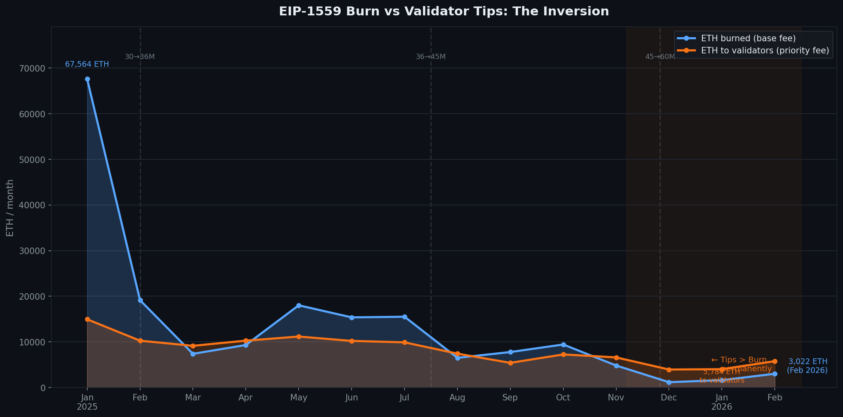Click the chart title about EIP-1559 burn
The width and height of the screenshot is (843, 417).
point(444,11)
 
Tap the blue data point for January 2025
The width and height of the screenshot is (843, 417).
point(87,79)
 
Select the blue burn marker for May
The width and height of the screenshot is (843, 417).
point(299,305)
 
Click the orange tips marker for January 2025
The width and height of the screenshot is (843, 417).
point(87,319)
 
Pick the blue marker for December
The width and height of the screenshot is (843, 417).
point(669,382)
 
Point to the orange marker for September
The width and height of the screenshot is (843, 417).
point(510,363)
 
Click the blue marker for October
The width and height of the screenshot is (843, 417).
point(563,345)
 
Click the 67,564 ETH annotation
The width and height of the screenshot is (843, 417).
point(87,64)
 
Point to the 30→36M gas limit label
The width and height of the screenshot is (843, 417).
point(139,57)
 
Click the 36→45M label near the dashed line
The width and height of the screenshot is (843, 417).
point(430,57)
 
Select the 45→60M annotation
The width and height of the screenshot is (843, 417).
point(660,57)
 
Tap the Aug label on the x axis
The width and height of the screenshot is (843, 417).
point(457,398)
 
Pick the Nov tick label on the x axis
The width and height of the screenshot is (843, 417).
point(616,398)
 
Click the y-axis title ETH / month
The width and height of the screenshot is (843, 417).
point(10,207)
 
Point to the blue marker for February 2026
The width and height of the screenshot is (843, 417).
point(774,374)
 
